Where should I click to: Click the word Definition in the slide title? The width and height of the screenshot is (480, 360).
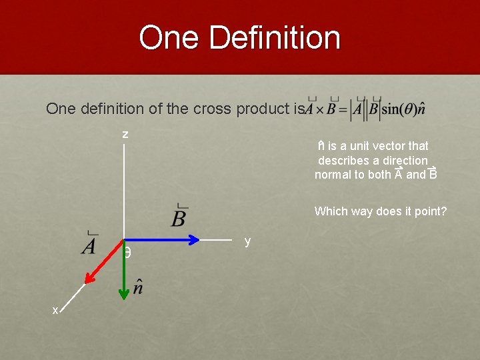pyautogui.click(x=275, y=37)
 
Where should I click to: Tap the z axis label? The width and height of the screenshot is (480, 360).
pyautogui.click(x=125, y=134)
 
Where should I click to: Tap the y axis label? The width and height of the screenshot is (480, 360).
pyautogui.click(x=247, y=241)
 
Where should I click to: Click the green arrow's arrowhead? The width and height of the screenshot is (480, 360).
pyautogui.click(x=124, y=293)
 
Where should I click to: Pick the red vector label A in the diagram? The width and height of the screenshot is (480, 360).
pyautogui.click(x=89, y=245)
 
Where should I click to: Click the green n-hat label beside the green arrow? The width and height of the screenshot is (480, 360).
pyautogui.click(x=139, y=287)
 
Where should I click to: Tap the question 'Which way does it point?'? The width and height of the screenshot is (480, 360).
pyautogui.click(x=381, y=211)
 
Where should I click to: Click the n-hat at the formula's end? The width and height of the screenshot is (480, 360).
pyautogui.click(x=420, y=110)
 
